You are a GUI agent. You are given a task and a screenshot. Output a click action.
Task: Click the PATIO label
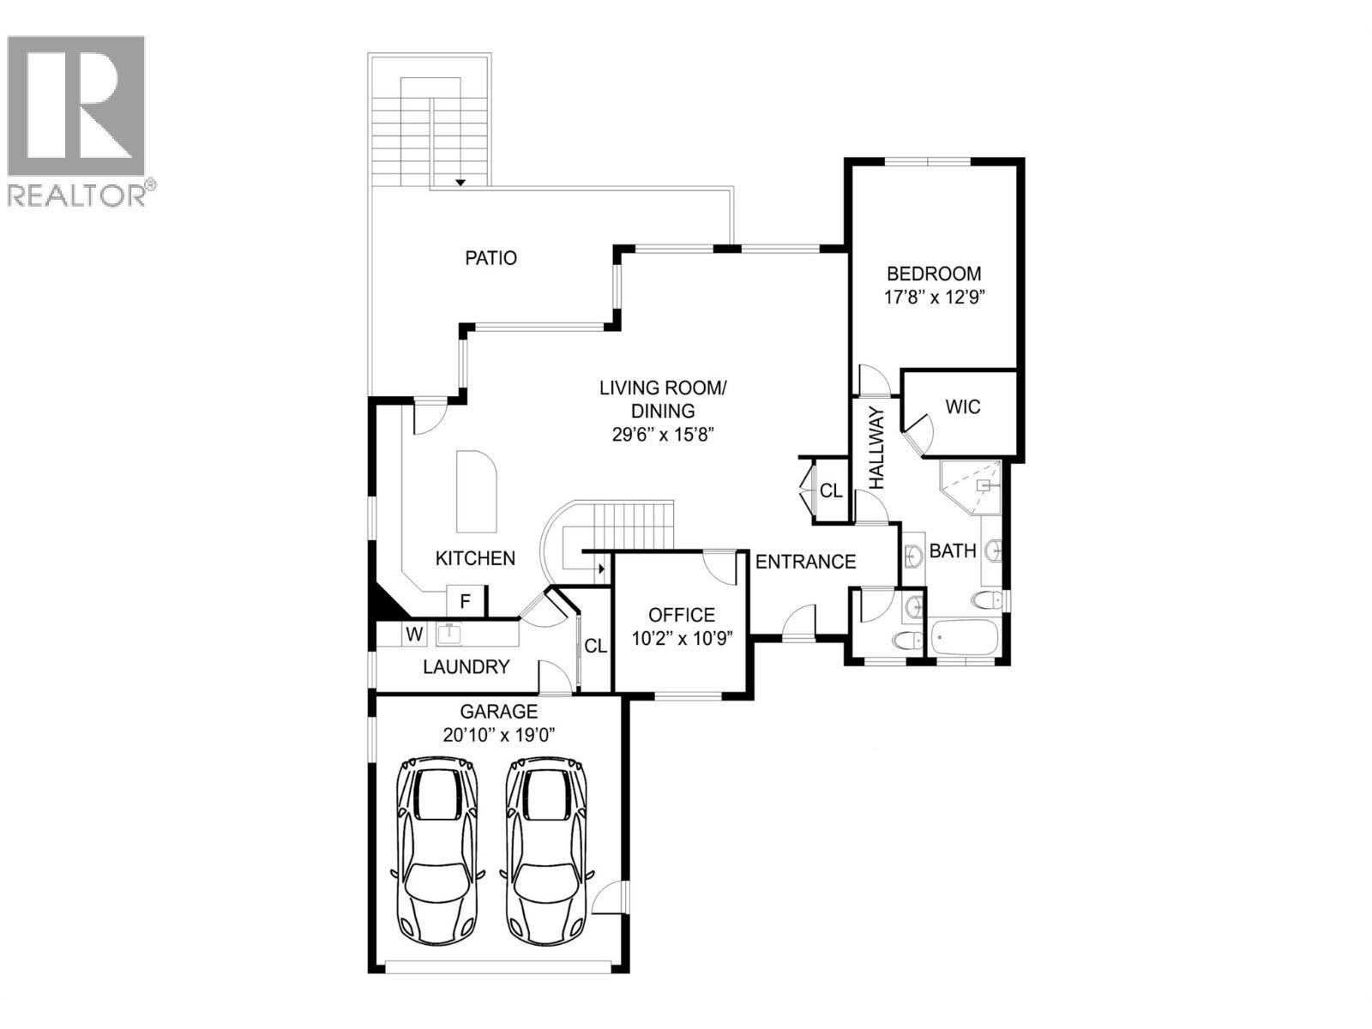click(490, 257)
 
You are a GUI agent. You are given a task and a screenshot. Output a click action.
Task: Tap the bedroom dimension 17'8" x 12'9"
click(934, 298)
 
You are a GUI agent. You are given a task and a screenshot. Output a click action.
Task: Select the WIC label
click(962, 406)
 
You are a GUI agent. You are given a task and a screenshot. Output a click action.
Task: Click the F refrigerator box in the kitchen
click(466, 601)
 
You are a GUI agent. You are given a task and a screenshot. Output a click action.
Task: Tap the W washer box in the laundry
click(415, 635)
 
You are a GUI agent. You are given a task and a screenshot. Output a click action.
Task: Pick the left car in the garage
click(435, 849)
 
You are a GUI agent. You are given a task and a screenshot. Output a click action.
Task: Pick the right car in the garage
click(546, 849)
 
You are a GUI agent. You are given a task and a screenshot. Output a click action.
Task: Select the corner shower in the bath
click(973, 486)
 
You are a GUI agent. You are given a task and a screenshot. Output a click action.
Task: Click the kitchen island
click(476, 491)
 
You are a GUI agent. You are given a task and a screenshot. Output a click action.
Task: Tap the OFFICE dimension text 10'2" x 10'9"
click(682, 639)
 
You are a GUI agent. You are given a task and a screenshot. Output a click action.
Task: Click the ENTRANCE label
click(805, 562)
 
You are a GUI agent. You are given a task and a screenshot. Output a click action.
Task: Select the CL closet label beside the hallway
click(831, 491)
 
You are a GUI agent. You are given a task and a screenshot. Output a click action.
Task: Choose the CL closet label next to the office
click(596, 646)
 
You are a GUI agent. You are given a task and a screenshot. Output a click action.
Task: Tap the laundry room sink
click(449, 635)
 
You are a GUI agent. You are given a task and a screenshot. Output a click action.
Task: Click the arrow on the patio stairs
click(460, 182)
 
